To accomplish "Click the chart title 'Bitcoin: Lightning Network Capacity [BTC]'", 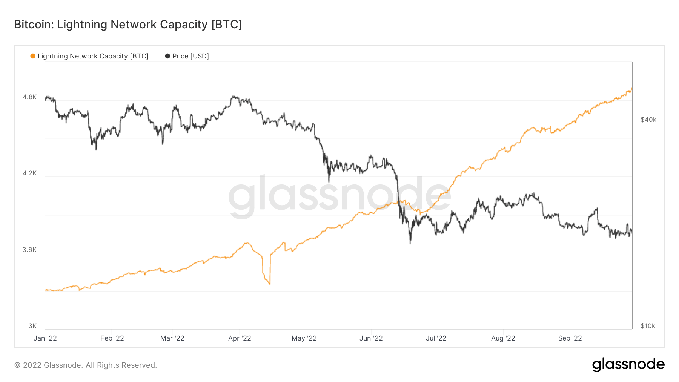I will click(x=128, y=25).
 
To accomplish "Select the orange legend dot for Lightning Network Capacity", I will click(x=33, y=56).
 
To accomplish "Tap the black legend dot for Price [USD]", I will click(x=167, y=56).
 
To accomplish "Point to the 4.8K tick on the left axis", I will click(x=29, y=97).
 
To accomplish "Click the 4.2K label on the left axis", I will click(x=29, y=173).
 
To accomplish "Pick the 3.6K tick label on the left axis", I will click(x=29, y=250).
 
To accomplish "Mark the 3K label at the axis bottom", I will click(x=32, y=326).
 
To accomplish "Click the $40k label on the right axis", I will click(x=648, y=120).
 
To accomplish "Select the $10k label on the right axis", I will click(x=648, y=326).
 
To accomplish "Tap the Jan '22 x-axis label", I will click(x=45, y=338).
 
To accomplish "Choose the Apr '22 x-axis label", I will click(x=240, y=338).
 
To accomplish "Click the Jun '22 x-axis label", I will click(x=371, y=338).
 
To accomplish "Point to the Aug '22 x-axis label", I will click(x=503, y=338).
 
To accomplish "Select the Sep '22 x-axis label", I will click(x=570, y=338).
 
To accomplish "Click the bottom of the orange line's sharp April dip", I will click(x=270, y=284).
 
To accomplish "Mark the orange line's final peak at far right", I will click(x=631, y=89).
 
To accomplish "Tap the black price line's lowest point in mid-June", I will click(x=410, y=243).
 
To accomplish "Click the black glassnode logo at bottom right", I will click(x=628, y=365).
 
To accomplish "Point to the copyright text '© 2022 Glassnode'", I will click(x=85, y=365).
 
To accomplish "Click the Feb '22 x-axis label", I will click(x=112, y=338).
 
